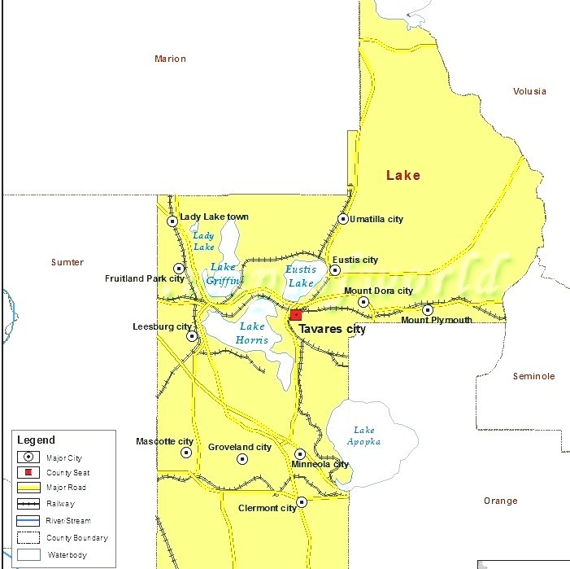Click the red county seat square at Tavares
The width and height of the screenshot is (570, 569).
point(296,314)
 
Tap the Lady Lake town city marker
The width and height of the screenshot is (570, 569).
point(172,221)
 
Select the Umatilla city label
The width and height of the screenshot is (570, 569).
point(376,219)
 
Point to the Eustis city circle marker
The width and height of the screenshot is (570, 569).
point(335,270)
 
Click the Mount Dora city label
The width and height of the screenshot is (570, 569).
point(378,291)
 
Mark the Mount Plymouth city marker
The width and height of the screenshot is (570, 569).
point(428,309)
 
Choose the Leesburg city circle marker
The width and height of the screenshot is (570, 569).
point(192,335)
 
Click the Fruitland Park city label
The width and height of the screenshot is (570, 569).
point(137,278)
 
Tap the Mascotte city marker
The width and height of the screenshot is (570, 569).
point(186,453)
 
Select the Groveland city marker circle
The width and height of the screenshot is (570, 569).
point(242,459)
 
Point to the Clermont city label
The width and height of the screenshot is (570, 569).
point(267,508)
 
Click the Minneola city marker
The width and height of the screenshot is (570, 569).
point(300,454)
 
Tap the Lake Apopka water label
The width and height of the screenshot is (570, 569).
point(367,436)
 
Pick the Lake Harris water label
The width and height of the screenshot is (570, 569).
point(252,333)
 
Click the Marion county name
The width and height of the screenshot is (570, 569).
point(170,59)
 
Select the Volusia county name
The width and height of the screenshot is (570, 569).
point(529,91)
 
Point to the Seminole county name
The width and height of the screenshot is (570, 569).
point(533,376)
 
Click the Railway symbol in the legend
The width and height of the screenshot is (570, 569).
point(31,504)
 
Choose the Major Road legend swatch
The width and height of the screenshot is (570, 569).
point(31,488)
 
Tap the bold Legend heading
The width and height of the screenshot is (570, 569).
point(37,440)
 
